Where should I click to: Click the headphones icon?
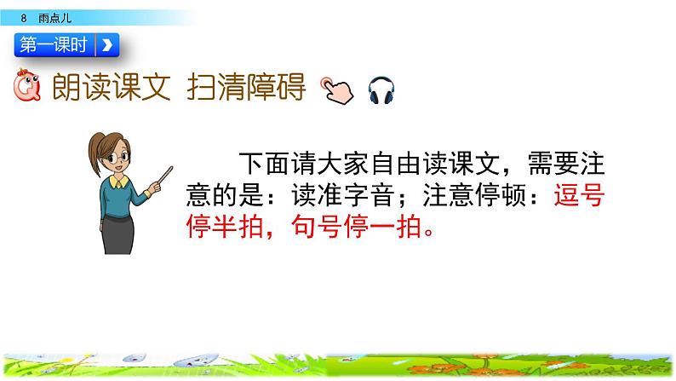[381, 90]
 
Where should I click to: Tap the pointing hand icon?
[337, 90]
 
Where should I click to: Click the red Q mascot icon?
[27, 85]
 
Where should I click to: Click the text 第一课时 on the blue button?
[54, 45]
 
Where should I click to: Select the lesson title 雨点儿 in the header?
[54, 18]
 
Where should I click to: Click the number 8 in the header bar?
[24, 18]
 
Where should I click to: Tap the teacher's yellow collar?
[118, 182]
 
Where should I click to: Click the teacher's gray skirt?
[118, 234]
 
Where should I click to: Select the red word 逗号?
[580, 195]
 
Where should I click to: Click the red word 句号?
[317, 226]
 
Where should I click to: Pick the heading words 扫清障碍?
[246, 87]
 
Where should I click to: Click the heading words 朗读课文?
[112, 87]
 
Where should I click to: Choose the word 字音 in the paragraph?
[370, 195]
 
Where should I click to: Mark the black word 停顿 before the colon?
[501, 195]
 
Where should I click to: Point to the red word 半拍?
[238, 226]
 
